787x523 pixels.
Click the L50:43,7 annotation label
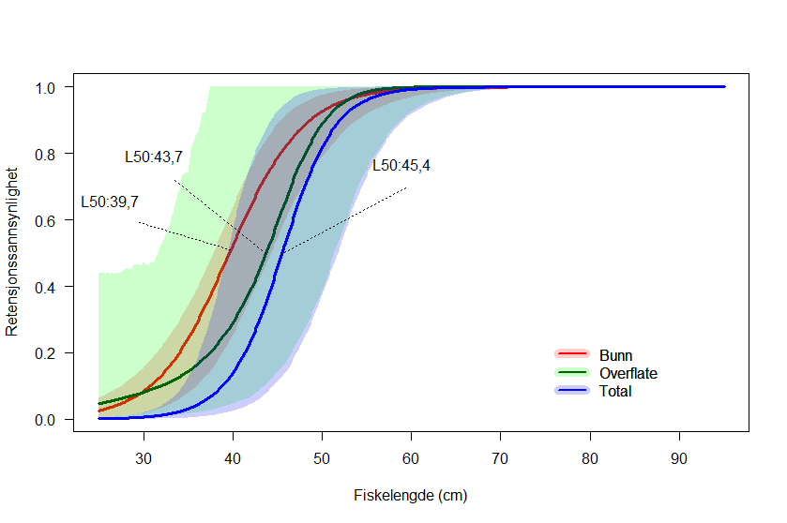[x=154, y=157]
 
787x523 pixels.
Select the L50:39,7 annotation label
[x=110, y=202]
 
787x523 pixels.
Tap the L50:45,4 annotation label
[x=401, y=166]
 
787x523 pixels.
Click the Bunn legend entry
[x=615, y=355]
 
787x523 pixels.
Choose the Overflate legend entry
[x=628, y=373]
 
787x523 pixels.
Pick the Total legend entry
[x=615, y=391]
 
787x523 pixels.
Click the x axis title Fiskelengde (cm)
[x=410, y=495]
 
